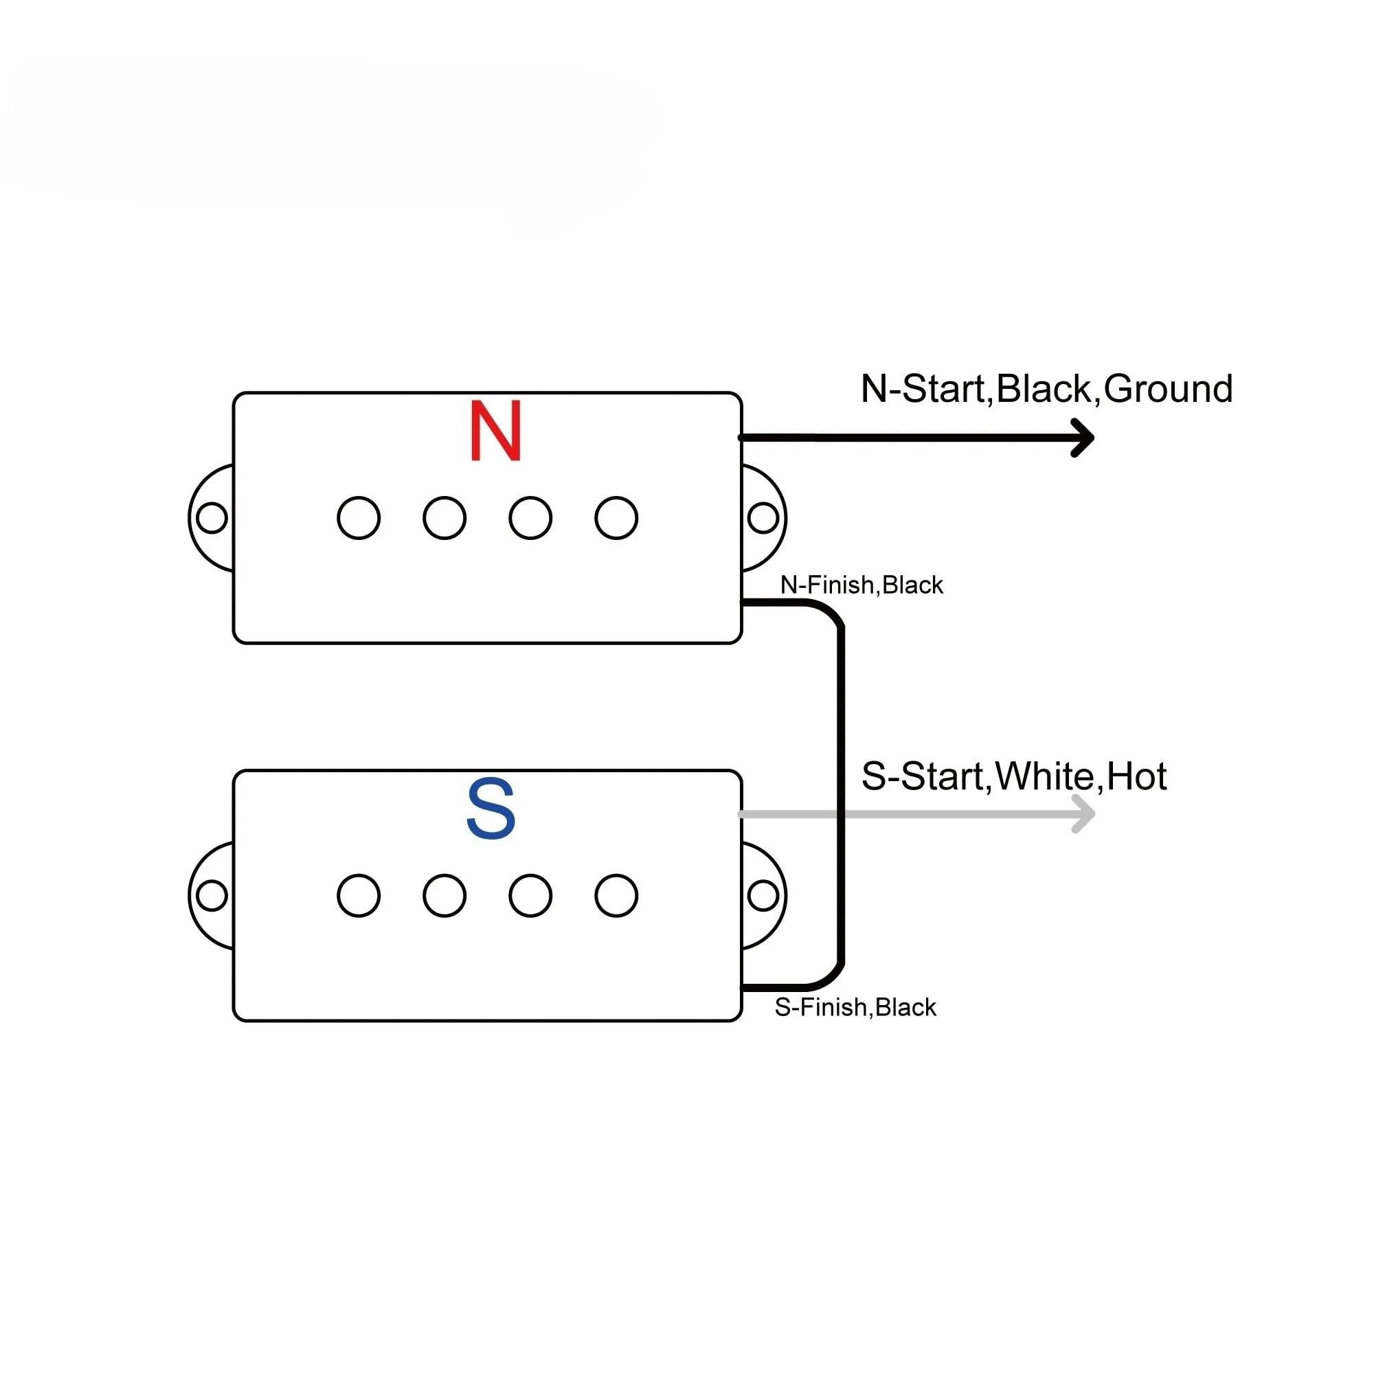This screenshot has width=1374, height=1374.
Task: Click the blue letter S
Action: pos(491,809)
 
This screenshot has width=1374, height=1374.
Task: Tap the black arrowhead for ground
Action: pos(1083,438)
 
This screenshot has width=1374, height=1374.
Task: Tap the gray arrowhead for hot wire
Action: pos(1083,813)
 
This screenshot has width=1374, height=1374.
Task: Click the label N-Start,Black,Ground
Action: pos(1046,390)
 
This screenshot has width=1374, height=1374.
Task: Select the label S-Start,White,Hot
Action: pos(1013,776)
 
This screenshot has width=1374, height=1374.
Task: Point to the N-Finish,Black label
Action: pos(861,585)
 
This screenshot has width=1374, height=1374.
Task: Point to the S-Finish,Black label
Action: pos(855,1007)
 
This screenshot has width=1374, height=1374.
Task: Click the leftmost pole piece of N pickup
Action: pos(359,518)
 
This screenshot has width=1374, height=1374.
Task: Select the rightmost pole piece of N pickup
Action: pos(616,518)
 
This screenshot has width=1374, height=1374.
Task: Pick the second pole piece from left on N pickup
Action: pos(444,518)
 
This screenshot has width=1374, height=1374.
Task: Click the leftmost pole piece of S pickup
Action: pos(359,895)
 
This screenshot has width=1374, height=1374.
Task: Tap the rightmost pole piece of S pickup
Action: pos(616,895)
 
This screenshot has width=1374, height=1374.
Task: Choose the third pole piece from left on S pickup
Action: pos(530,895)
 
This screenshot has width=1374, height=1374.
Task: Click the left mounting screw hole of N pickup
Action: pos(212,518)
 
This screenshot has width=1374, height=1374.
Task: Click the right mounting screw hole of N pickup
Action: pos(763,518)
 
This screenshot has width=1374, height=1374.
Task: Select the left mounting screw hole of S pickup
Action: pos(212,895)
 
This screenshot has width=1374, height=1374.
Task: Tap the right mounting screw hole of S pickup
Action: pos(763,895)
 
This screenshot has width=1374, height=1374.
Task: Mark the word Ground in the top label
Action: pos(1169,389)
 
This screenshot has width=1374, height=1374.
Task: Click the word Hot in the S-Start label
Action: pos(1136,776)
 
